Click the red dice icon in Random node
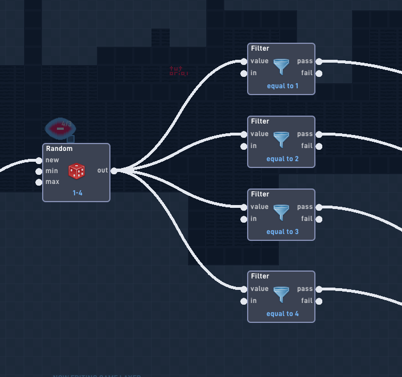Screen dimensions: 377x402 pyautogui.click(x=77, y=171)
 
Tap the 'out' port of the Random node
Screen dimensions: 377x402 pyautogui.click(x=114, y=171)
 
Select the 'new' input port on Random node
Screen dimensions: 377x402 pyautogui.click(x=39, y=160)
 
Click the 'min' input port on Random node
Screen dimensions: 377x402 pyautogui.click(x=39, y=171)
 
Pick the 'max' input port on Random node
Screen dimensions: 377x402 pyautogui.click(x=39, y=182)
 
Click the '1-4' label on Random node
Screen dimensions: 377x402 pyautogui.click(x=77, y=193)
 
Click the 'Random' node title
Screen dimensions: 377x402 pyautogui.click(x=59, y=149)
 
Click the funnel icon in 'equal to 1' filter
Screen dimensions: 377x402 pyautogui.click(x=281, y=67)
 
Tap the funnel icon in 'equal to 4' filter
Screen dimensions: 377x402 pyautogui.click(x=281, y=295)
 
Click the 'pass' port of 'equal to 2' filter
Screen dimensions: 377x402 pyautogui.click(x=318, y=134)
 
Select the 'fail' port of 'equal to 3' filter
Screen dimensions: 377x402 pyautogui.click(x=318, y=219)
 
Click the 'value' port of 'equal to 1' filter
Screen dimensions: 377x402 pyautogui.click(x=244, y=62)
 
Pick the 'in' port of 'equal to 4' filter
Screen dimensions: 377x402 pyautogui.click(x=244, y=301)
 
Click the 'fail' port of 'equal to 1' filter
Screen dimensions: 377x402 pyautogui.click(x=318, y=73)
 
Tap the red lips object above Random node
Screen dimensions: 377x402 pyautogui.click(x=60, y=129)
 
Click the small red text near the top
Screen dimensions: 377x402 pyautogui.click(x=178, y=71)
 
